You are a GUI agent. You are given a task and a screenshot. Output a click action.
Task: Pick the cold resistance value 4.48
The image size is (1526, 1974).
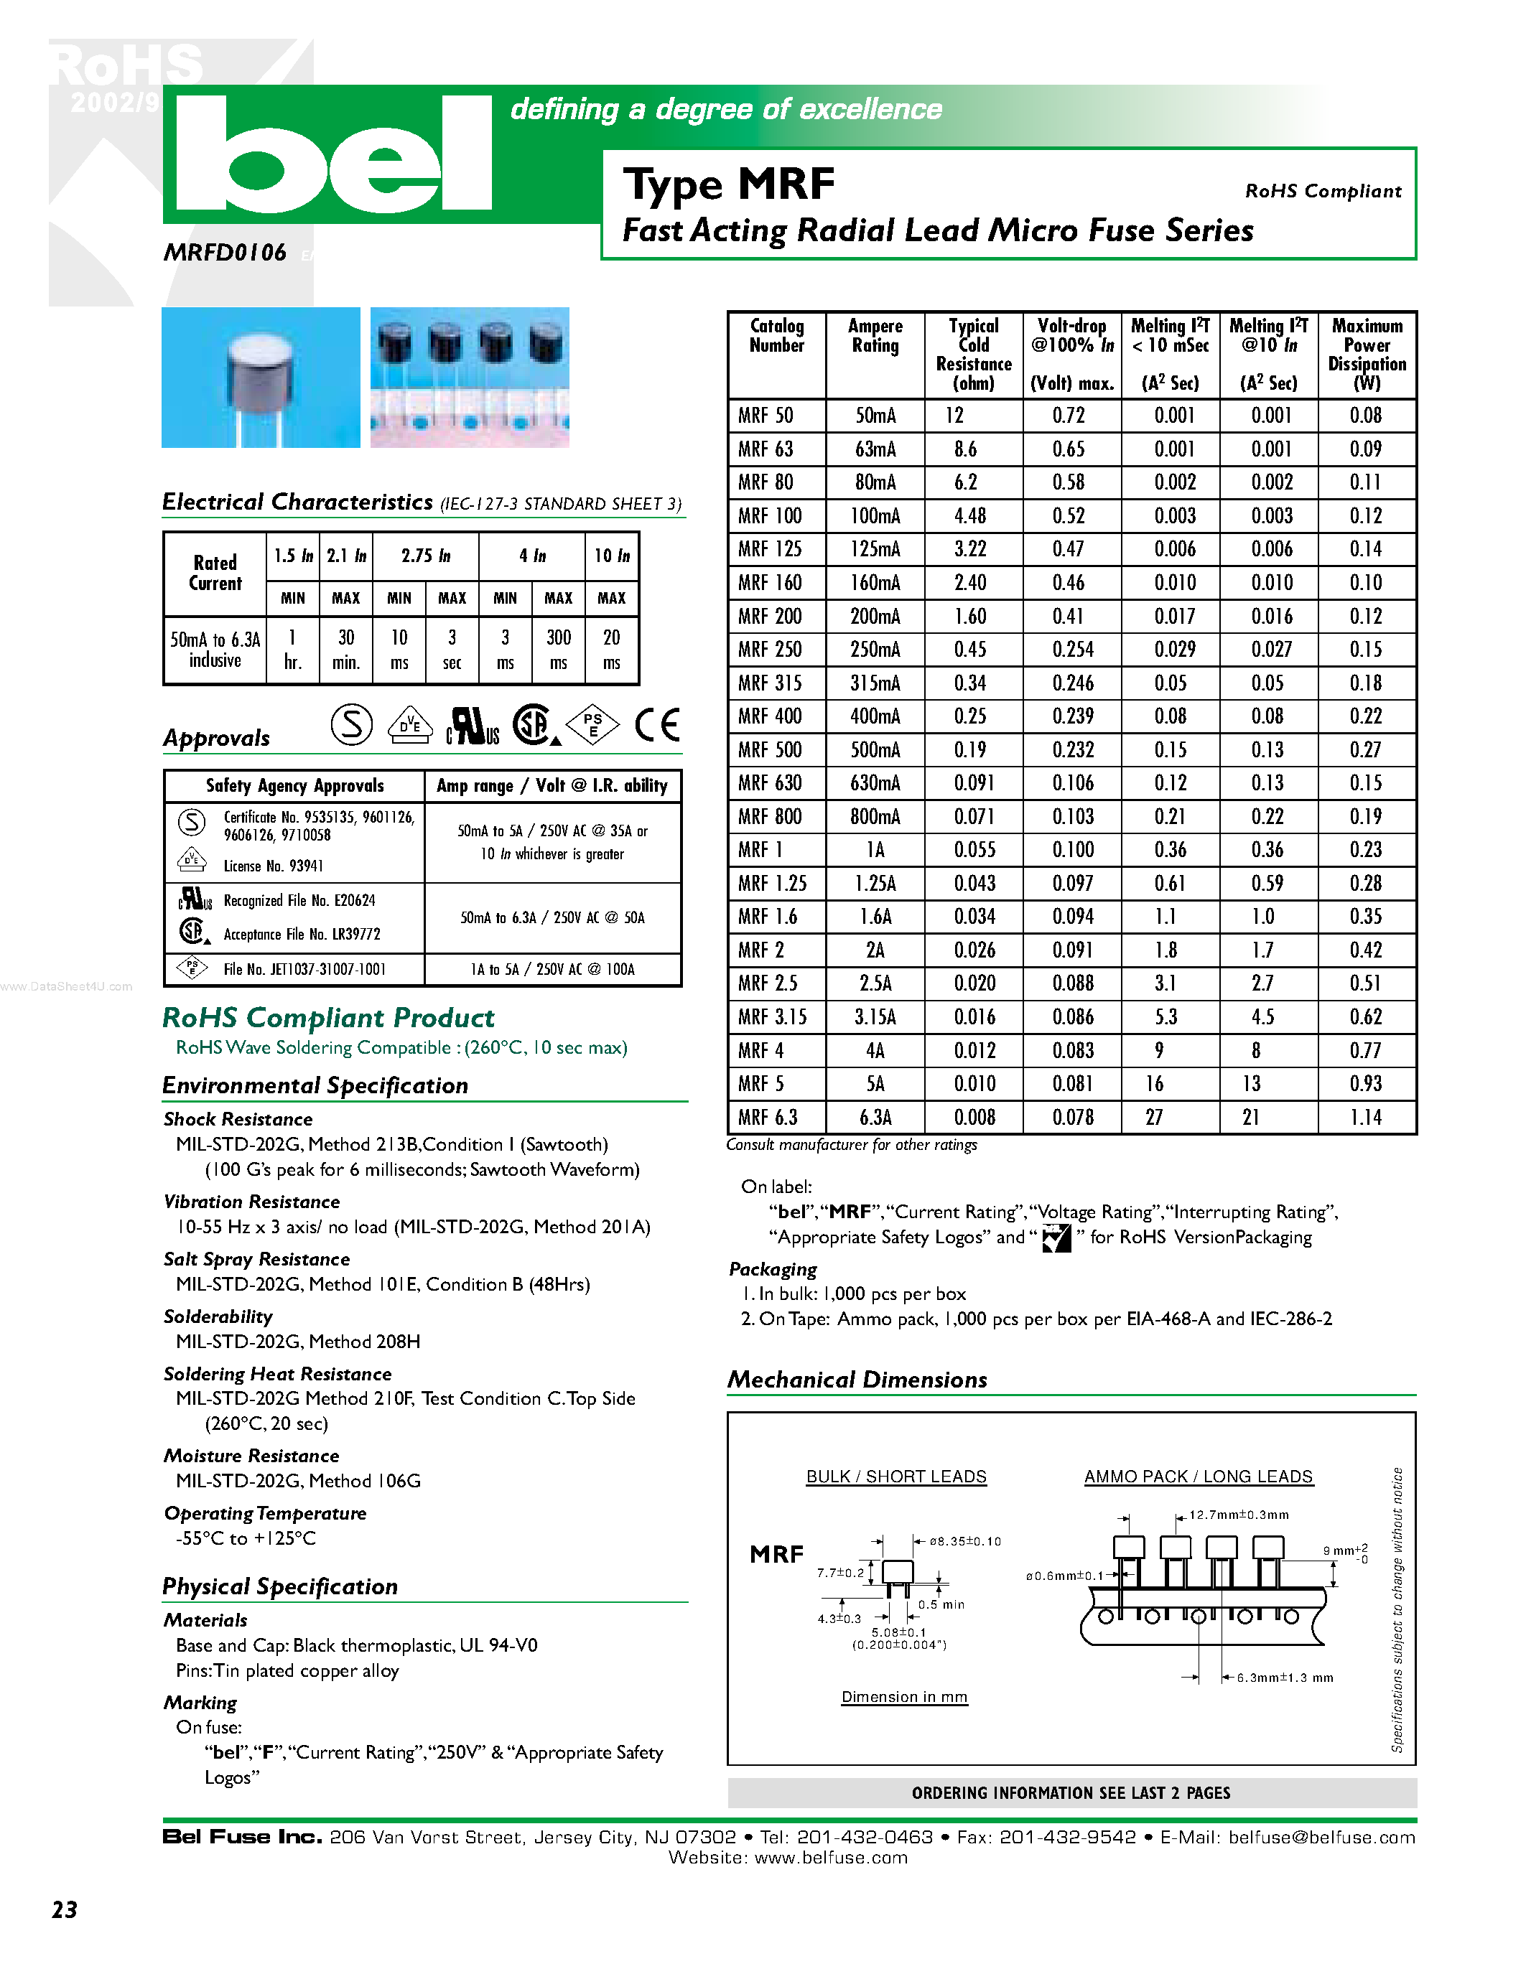[x=969, y=516]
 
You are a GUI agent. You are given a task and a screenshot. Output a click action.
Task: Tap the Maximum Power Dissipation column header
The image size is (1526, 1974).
[x=1366, y=353]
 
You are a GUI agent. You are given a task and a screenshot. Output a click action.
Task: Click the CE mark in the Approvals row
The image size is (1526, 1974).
[x=656, y=725]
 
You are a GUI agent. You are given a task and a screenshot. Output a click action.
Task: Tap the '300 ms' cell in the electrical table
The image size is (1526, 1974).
[x=558, y=649]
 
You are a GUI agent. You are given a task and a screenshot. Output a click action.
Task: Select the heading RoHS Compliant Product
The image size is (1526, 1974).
[x=328, y=1018]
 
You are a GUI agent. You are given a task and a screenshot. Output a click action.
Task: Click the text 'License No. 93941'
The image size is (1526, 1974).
[x=273, y=866]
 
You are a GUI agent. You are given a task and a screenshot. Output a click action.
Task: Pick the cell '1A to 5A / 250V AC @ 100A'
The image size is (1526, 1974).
[x=552, y=970]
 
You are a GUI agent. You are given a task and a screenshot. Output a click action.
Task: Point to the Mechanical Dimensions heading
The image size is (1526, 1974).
[x=856, y=1379]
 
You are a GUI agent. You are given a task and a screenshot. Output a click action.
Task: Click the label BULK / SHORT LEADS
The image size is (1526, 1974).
[x=896, y=1477]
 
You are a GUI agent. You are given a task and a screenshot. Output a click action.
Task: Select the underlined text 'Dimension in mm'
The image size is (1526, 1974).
[x=904, y=1696]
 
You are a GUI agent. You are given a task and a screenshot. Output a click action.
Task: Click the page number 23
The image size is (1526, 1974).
[x=64, y=1909]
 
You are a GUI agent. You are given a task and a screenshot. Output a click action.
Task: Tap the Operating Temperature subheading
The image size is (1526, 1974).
[x=265, y=1513]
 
